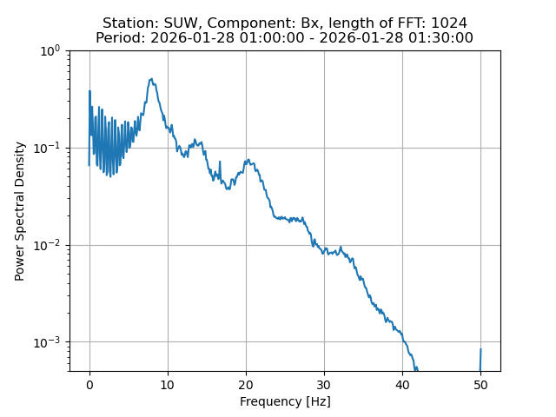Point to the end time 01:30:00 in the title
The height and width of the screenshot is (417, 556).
pyautogui.click(x=443, y=37)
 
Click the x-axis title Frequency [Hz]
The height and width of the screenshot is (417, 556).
pyautogui.click(x=285, y=401)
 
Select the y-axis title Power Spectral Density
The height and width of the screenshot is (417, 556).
pyautogui.click(x=20, y=211)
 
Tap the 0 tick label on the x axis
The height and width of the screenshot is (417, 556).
pyautogui.click(x=89, y=385)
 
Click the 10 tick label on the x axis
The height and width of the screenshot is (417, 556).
pyautogui.click(x=168, y=385)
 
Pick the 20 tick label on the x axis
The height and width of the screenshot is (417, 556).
pyautogui.click(x=246, y=385)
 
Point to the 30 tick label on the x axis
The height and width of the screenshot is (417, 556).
pyautogui.click(x=324, y=385)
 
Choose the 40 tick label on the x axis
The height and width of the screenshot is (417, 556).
pyautogui.click(x=402, y=385)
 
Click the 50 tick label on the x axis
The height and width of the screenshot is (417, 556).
pyautogui.click(x=480, y=385)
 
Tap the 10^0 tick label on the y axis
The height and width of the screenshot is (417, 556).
pyautogui.click(x=49, y=50)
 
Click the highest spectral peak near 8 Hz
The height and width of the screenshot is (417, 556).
pyautogui.click(x=151, y=80)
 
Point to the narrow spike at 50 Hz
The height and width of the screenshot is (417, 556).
pyautogui.click(x=480, y=351)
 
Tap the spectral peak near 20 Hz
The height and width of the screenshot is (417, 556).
pyautogui.click(x=248, y=160)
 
